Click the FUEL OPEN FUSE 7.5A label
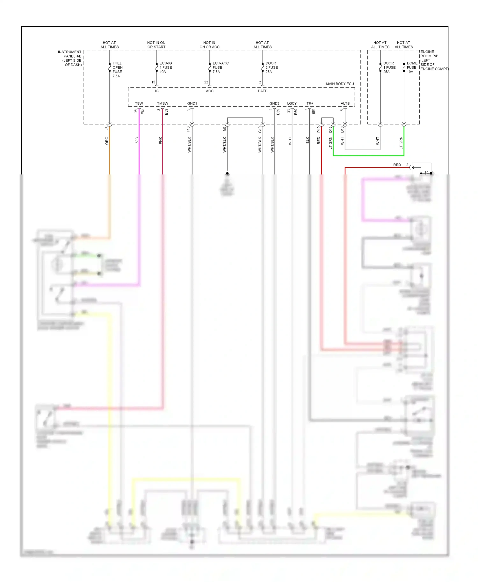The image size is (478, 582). point(117,69)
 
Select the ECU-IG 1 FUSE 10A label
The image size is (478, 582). point(165,67)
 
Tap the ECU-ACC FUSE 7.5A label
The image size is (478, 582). point(220,67)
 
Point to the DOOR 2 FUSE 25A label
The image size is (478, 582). point(272,67)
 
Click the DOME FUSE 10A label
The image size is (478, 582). point(412,67)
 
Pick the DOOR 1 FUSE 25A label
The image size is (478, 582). point(389,67)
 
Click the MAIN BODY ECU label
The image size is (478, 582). point(340,84)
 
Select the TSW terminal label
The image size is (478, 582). point(139,103)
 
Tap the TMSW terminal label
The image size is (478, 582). point(163,103)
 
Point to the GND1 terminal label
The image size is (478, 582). point(192,103)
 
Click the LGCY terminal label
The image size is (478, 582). point(292,103)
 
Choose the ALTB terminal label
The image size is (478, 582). point(345,103)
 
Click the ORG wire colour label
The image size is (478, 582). point(107,141)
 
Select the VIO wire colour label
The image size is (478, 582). point(137,140)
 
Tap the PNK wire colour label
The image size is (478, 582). point(160,140)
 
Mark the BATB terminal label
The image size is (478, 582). point(263,91)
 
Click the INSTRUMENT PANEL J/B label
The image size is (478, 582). point(70,58)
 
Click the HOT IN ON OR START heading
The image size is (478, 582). point(156,45)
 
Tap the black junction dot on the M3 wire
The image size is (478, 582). point(227,173)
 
